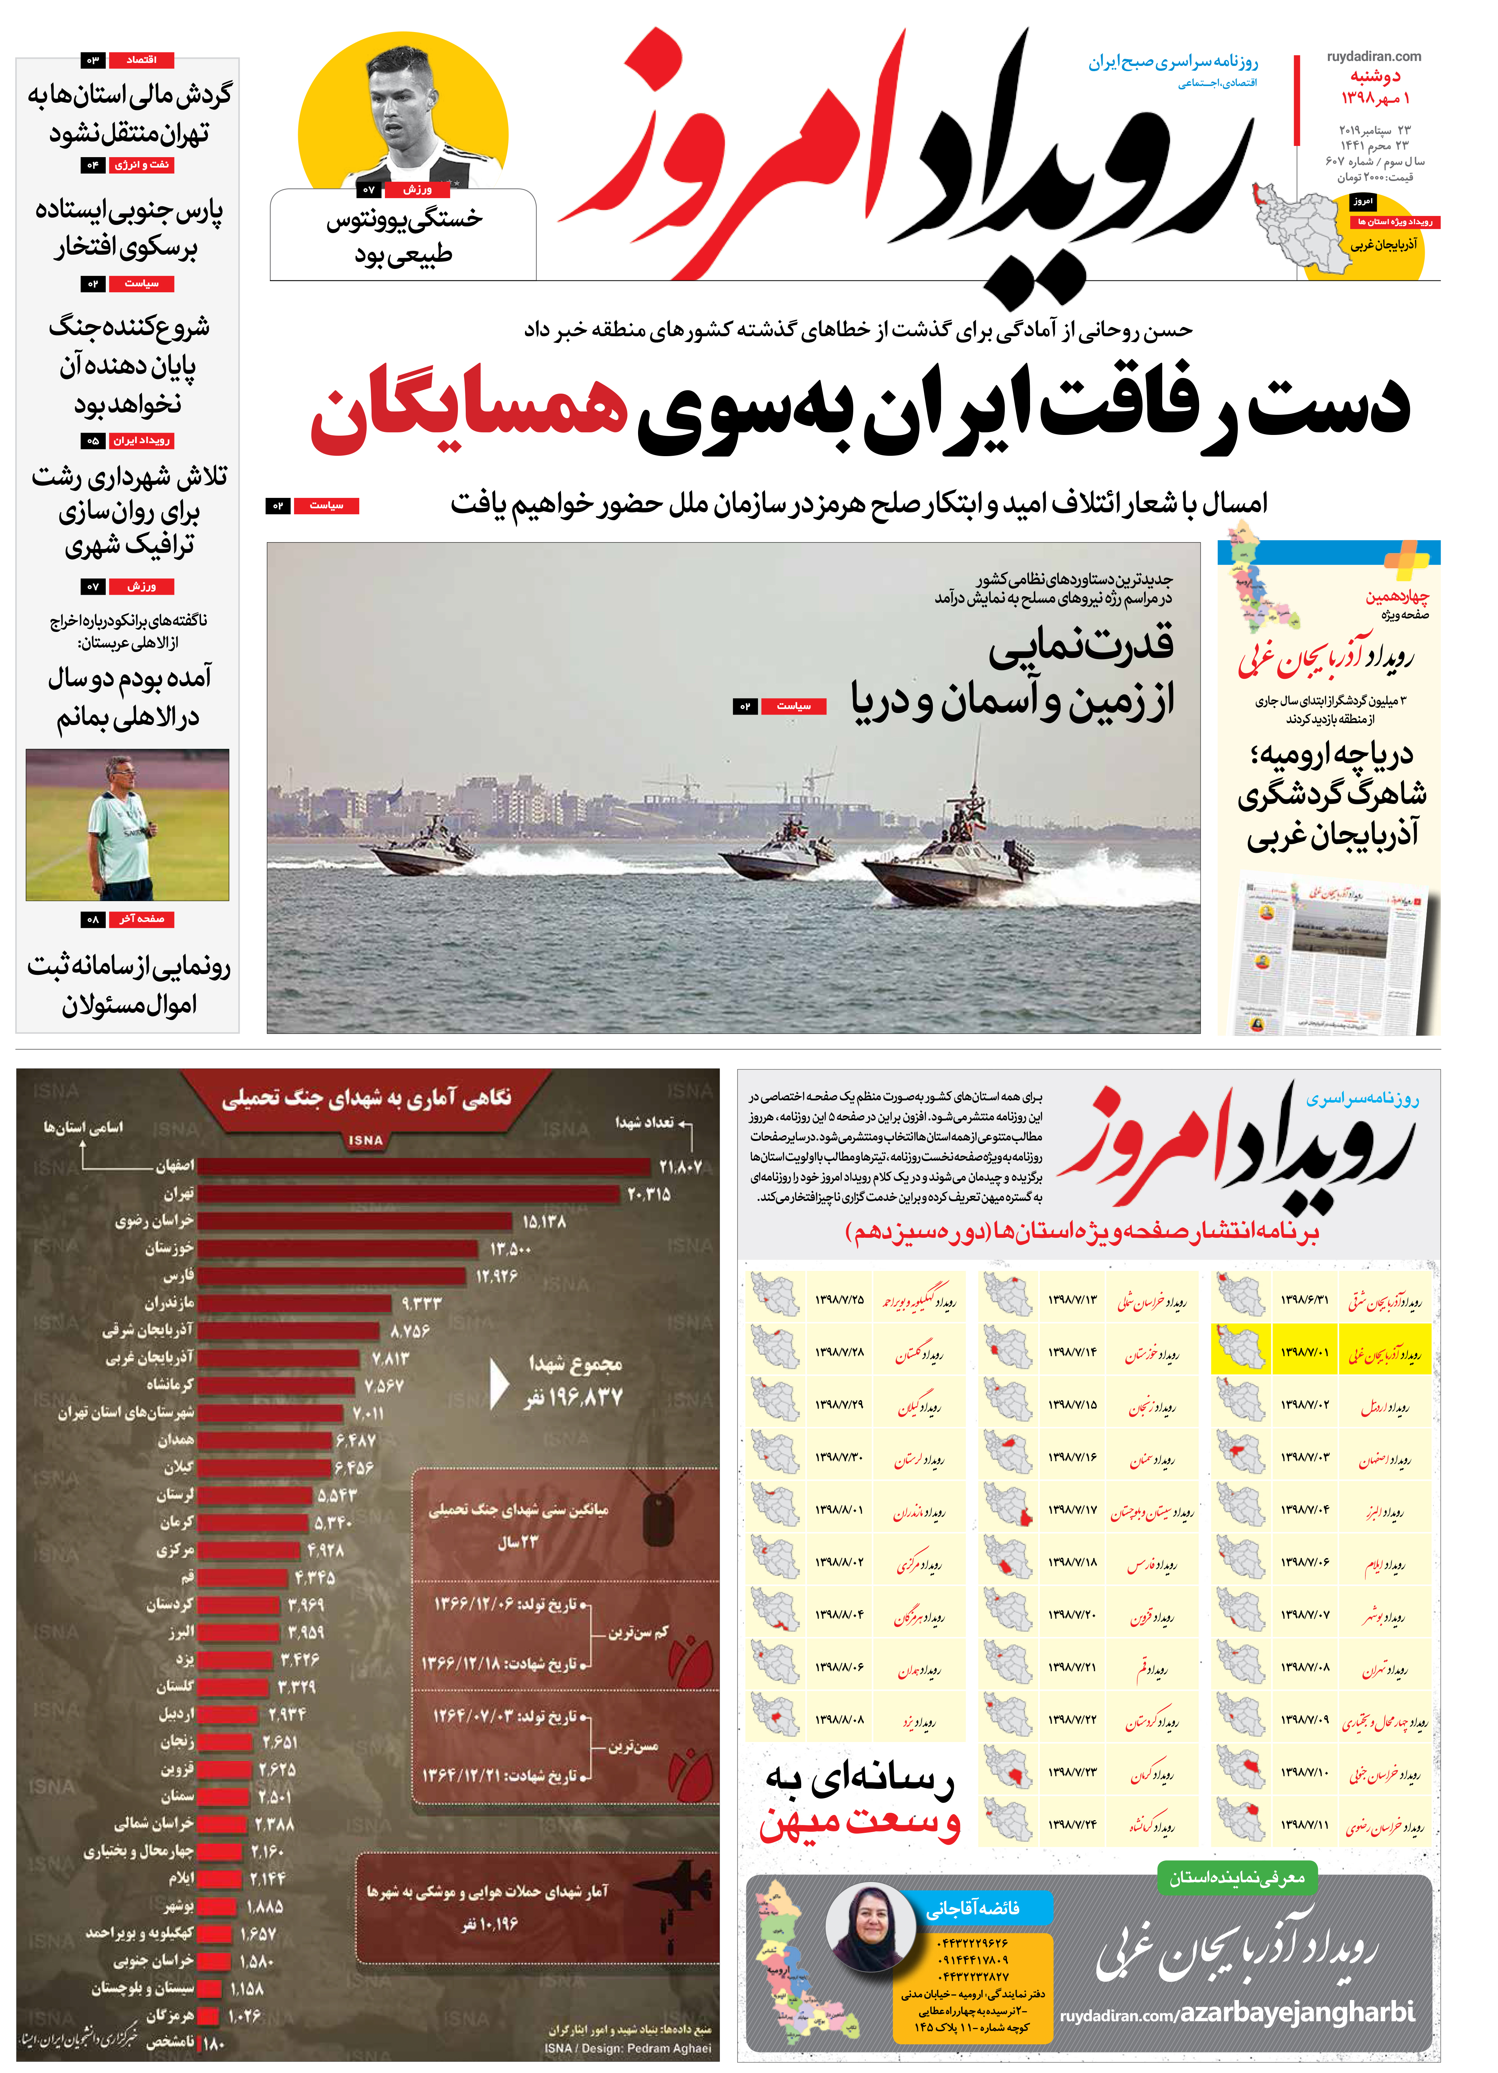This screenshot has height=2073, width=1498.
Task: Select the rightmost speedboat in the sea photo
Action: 950,850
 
